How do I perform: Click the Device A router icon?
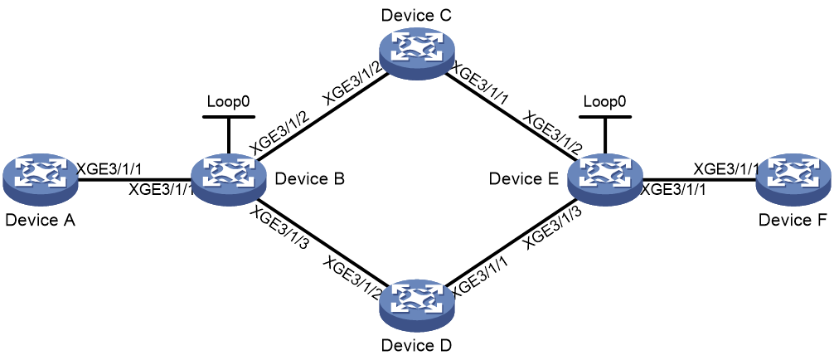[x=39, y=179]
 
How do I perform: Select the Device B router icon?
[x=228, y=179]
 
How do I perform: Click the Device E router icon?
[x=604, y=179]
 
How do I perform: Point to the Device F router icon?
[x=793, y=179]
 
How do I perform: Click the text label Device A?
[x=40, y=220]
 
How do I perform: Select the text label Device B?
[x=309, y=179]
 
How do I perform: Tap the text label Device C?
[x=416, y=15]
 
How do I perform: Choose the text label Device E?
[x=523, y=179]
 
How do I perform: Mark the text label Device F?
[x=793, y=220]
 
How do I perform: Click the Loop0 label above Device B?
[x=228, y=102]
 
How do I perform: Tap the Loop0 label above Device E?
[x=604, y=102]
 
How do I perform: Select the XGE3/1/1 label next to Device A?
[x=109, y=169]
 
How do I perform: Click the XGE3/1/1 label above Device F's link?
[x=726, y=169]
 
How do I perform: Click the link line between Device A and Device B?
[x=134, y=179]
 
